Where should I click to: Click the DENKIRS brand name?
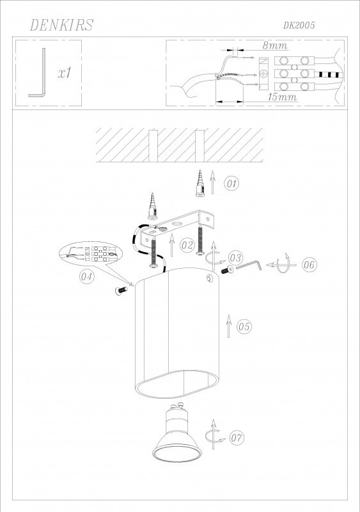[61, 25]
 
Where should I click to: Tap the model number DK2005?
[299, 26]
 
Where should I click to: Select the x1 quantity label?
[65, 73]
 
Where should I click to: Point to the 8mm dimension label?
[275, 45]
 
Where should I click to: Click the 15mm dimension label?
[282, 97]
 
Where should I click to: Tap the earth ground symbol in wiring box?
[264, 74]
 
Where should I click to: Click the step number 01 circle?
[231, 184]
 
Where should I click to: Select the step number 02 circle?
[187, 245]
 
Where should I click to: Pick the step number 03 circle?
[235, 258]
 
